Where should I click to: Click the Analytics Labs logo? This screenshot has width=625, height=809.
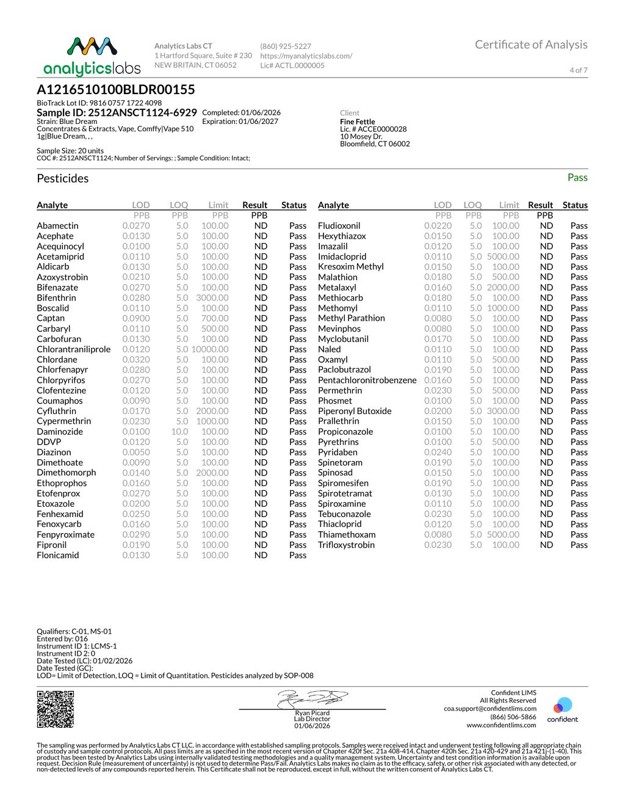click(92, 56)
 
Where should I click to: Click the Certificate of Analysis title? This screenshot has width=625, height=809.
click(531, 45)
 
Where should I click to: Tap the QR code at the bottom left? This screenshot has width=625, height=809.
click(56, 709)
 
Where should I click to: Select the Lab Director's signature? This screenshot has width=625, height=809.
click(312, 698)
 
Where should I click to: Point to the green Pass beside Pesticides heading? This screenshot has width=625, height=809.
click(577, 178)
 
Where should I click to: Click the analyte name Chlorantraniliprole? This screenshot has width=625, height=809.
click(74, 349)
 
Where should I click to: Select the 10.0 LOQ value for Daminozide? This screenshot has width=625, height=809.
click(179, 432)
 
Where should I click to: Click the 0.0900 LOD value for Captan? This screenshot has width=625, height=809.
click(136, 318)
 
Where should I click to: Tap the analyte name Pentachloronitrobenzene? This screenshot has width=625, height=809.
click(367, 380)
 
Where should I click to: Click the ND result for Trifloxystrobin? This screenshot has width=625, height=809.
click(546, 545)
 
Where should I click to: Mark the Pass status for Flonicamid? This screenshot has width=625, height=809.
click(298, 555)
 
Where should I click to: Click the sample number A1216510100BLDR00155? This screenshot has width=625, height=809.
click(116, 90)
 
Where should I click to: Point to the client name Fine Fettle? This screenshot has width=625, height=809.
click(358, 122)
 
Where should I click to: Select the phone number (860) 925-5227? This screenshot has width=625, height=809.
click(286, 46)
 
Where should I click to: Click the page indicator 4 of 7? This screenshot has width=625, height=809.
click(578, 70)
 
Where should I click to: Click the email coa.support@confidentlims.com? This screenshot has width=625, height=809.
click(490, 709)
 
